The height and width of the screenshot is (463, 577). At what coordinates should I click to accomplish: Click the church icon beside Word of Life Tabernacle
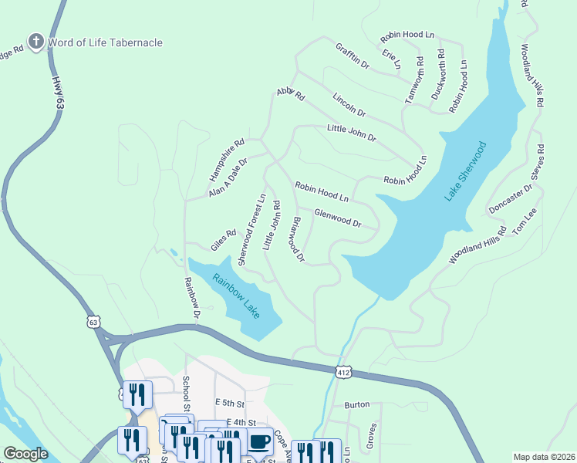coord(35,42)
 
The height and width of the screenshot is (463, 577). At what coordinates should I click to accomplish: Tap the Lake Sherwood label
coord(466,171)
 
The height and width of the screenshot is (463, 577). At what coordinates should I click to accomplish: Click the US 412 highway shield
coord(344,372)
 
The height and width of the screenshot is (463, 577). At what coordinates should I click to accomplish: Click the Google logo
coord(25,454)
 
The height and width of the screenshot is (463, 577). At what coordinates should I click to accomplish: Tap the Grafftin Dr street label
coord(353,56)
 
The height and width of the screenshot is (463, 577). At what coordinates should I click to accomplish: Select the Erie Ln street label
coord(392,59)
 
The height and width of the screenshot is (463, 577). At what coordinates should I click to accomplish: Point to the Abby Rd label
coord(291,95)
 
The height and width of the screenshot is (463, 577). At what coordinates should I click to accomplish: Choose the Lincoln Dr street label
coord(349,105)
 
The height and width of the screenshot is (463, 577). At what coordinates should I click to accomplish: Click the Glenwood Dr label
coord(338,218)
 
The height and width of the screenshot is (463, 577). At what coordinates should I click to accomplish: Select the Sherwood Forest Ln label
coord(251,230)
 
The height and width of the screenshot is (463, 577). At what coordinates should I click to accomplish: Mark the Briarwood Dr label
coord(298,238)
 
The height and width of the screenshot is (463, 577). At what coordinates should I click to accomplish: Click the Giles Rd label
coord(223,239)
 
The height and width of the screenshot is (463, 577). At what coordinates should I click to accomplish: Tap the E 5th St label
coord(230,404)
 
